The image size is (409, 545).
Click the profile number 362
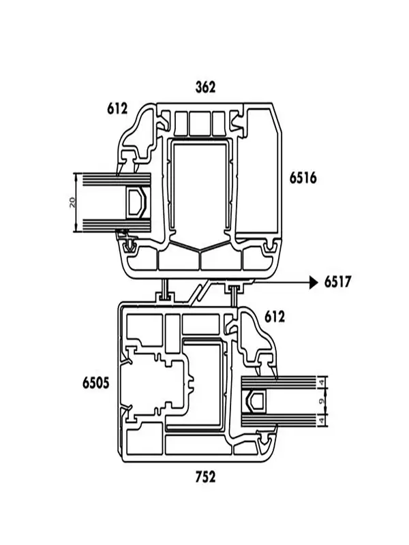pyautogui.click(x=205, y=87)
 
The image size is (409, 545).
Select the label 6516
pyautogui.click(x=303, y=178)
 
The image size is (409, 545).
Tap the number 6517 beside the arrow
pyautogui.click(x=337, y=281)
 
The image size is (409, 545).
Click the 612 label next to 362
pyautogui.click(x=117, y=108)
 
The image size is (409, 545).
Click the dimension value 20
pyautogui.click(x=72, y=202)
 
